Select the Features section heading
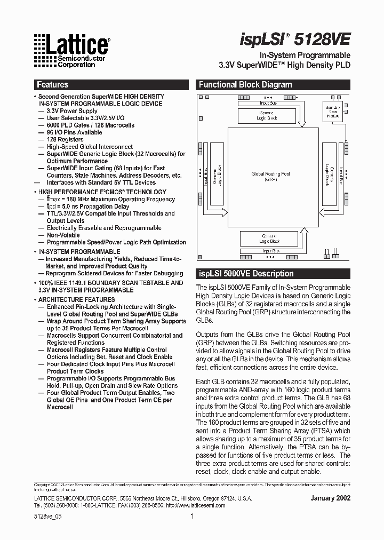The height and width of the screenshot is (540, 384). coord(52,85)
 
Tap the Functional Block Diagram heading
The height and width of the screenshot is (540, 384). coord(245,85)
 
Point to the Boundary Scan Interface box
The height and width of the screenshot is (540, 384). coord(333,112)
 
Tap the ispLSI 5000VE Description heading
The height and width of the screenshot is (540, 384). coord(246,274)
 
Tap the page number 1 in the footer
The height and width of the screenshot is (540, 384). coord(192,517)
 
